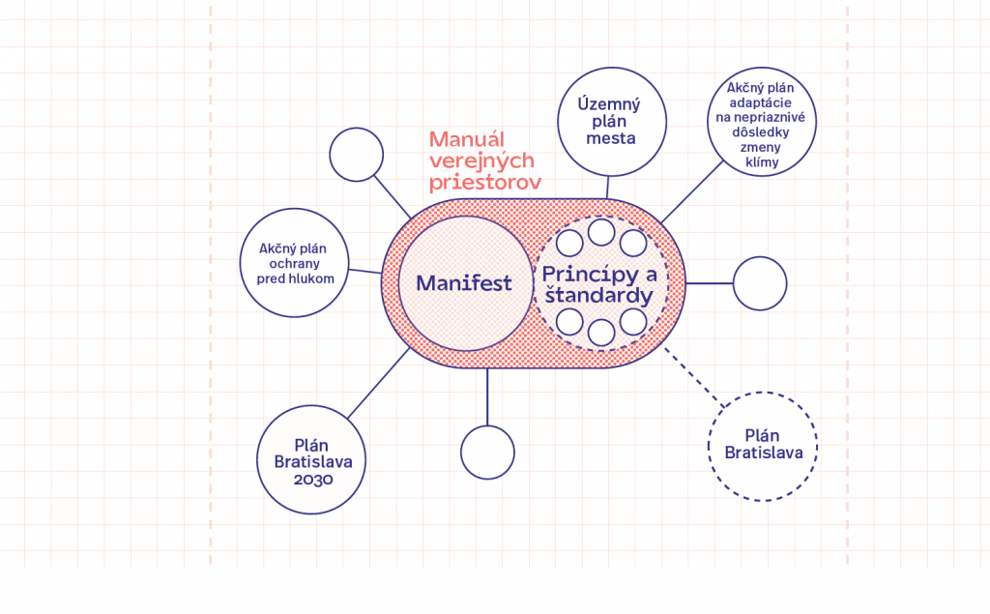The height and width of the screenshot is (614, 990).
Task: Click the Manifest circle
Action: tap(464, 283)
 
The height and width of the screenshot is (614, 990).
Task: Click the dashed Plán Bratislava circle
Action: tap(763, 446)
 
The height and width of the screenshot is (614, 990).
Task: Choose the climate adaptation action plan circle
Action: tap(762, 121)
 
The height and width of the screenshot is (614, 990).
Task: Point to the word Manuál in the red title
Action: tap(467, 139)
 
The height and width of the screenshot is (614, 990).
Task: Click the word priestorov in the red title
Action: tap(484, 181)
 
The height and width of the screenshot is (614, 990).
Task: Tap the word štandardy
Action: tap(598, 296)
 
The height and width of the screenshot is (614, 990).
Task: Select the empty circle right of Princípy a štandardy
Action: tap(760, 283)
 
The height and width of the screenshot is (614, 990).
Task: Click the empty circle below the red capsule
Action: tap(487, 452)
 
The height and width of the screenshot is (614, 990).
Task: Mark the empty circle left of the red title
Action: tap(357, 154)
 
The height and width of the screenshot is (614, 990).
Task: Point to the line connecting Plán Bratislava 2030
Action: tap(380, 383)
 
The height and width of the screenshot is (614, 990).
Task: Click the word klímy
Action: tap(762, 162)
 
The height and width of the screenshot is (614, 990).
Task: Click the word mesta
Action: tap(610, 138)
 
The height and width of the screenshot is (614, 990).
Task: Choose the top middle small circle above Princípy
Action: tap(601, 232)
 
